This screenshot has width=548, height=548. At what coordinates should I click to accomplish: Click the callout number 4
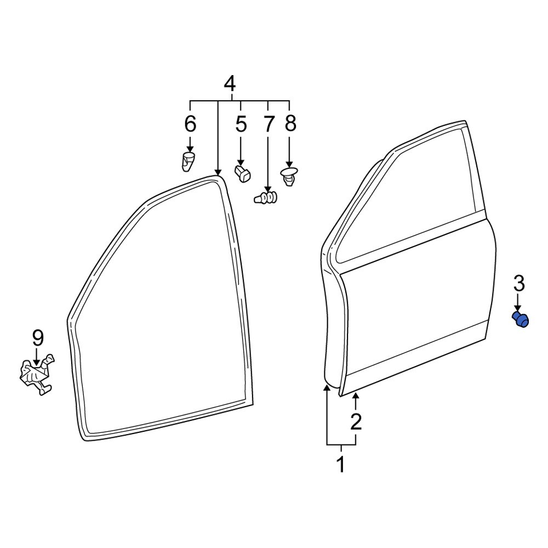pyautogui.click(x=230, y=84)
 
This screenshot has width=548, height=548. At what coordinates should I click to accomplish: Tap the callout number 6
pyautogui.click(x=190, y=124)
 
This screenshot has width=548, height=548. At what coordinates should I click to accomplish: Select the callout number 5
pyautogui.click(x=241, y=124)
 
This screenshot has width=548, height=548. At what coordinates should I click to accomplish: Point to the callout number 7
pyautogui.click(x=268, y=124)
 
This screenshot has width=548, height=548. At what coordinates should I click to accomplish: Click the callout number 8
pyautogui.click(x=290, y=124)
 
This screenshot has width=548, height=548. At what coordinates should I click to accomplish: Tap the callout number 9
pyautogui.click(x=37, y=338)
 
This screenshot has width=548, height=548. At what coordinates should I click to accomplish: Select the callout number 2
pyautogui.click(x=356, y=422)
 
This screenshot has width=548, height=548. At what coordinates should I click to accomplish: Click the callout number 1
pyautogui.click(x=340, y=465)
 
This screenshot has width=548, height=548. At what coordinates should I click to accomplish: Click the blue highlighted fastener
pyautogui.click(x=520, y=319)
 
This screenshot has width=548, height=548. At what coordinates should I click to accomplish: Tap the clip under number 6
pyautogui.click(x=189, y=162)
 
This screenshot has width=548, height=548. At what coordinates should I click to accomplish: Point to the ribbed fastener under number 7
pyautogui.click(x=266, y=197)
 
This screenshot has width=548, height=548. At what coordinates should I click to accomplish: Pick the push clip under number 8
pyautogui.click(x=288, y=176)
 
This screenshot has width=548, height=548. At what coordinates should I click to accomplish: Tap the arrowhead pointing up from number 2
pyautogui.click(x=356, y=396)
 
